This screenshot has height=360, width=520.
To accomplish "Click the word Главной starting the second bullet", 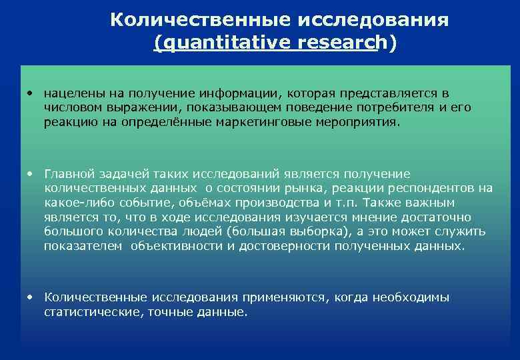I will [x=69, y=173].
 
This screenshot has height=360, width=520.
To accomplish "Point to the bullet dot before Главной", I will [x=31, y=173].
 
